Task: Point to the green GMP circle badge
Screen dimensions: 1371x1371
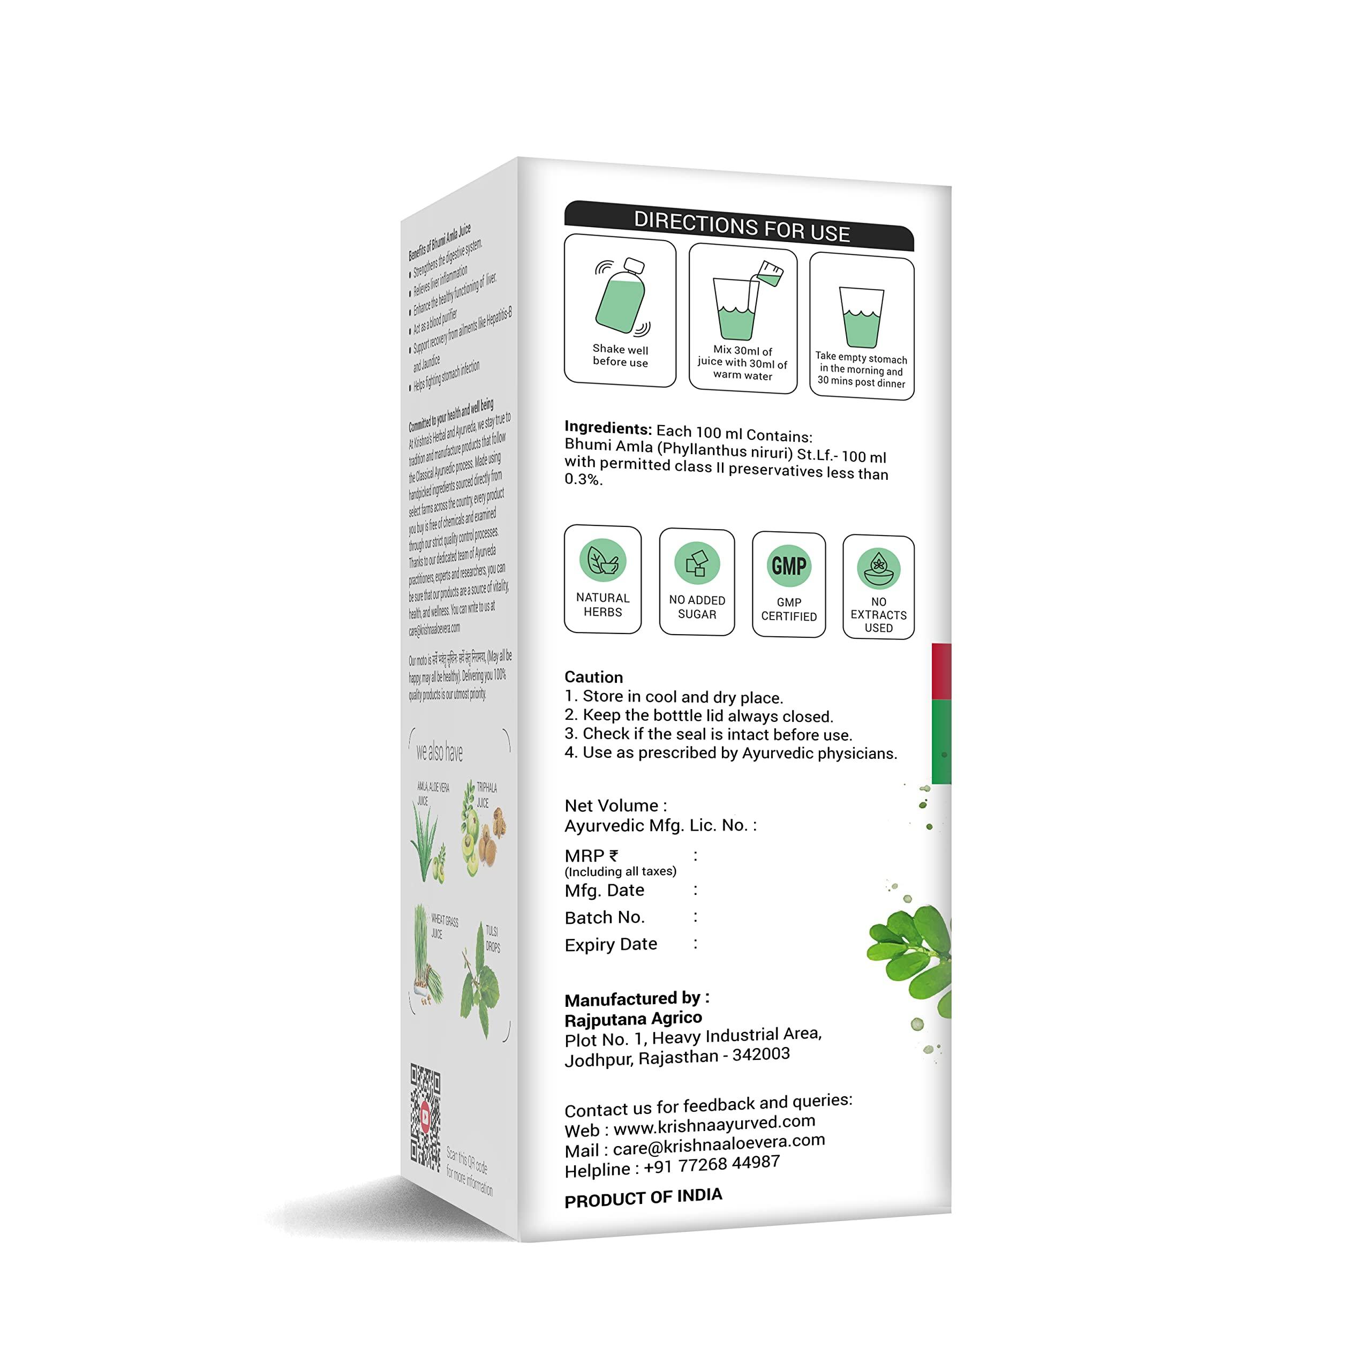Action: click(x=788, y=566)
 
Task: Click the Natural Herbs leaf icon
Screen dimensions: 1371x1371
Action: click(x=602, y=560)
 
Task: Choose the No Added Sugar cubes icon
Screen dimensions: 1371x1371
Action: click(x=697, y=563)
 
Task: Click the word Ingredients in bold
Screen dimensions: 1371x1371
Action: click(x=607, y=428)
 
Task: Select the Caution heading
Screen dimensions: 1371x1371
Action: click(x=593, y=676)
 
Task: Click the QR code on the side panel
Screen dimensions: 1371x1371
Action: click(x=425, y=1118)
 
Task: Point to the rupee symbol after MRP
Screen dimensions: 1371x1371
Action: click(x=613, y=856)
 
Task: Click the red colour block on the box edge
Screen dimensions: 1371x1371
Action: click(x=941, y=671)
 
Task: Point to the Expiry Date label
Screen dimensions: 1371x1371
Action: click(x=611, y=945)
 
